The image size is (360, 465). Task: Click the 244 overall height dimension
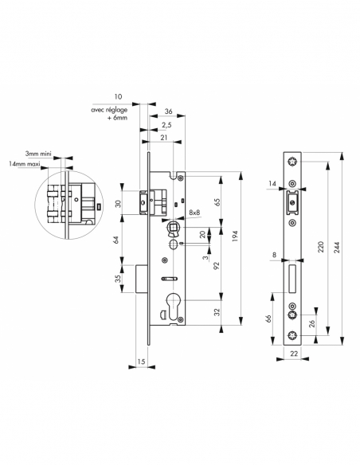pos(337,248)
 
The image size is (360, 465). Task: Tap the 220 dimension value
pos(321,247)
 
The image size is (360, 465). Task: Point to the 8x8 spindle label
pos(194,213)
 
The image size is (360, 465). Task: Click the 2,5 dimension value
pos(166,125)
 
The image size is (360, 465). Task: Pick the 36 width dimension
pos(168,111)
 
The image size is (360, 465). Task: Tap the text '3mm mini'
pos(38,154)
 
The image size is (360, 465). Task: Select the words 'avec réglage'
pos(109,110)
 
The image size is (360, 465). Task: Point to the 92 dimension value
pos(217,265)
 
